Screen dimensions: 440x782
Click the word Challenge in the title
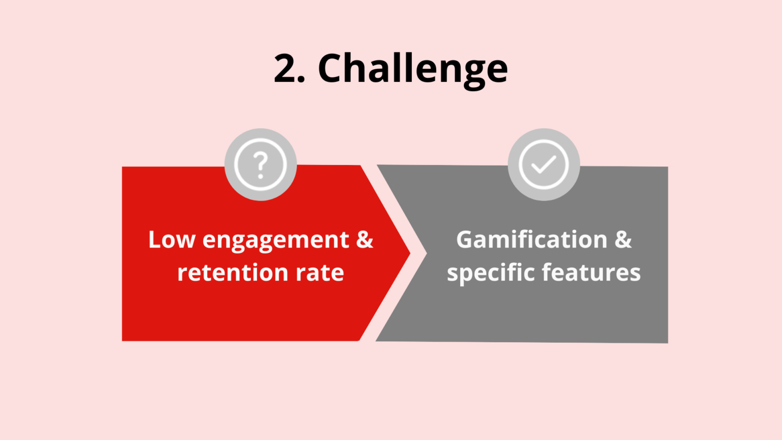pos(412,69)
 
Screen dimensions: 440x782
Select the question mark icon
pos(261,164)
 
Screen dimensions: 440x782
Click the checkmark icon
pos(544,164)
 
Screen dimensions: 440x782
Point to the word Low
pos(172,239)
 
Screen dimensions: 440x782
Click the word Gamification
pos(532,239)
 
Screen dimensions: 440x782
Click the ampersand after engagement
pos(365,239)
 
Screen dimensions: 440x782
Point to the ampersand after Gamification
pos(623,239)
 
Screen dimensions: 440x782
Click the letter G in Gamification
pos(466,239)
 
